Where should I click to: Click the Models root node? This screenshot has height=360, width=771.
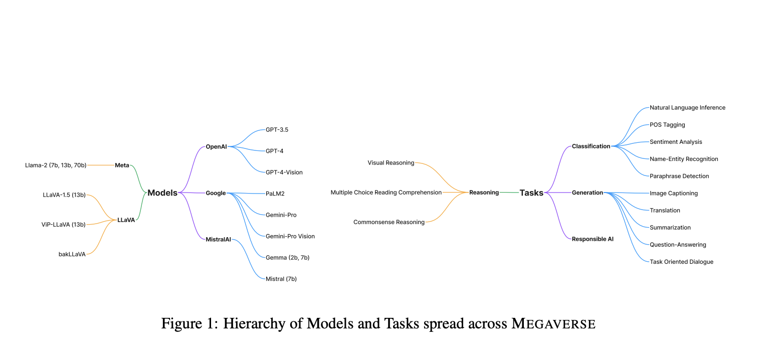click(x=162, y=193)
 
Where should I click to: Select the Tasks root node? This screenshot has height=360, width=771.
click(x=531, y=193)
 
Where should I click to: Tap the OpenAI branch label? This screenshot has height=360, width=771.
click(x=216, y=146)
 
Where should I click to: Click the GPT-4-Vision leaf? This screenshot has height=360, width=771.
click(x=284, y=172)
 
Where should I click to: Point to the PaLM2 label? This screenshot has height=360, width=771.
click(x=275, y=194)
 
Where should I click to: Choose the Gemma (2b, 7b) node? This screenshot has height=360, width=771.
click(x=287, y=257)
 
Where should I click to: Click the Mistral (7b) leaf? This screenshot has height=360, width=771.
click(x=281, y=279)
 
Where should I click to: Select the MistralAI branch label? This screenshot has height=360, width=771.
click(x=218, y=239)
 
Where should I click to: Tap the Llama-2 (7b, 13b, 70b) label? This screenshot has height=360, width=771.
click(x=56, y=165)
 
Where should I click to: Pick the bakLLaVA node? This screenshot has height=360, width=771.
click(x=72, y=254)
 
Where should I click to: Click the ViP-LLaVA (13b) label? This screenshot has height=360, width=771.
click(x=64, y=224)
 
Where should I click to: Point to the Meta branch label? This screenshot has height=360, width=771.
click(x=122, y=165)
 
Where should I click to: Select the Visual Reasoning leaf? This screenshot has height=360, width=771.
click(x=391, y=162)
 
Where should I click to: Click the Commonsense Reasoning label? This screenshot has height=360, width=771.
click(x=389, y=222)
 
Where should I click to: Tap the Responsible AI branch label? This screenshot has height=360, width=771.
click(x=593, y=239)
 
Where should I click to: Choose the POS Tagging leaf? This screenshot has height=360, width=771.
click(x=667, y=125)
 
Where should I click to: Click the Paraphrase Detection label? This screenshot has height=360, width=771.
click(x=679, y=176)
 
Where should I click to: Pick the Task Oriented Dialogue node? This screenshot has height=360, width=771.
click(x=681, y=262)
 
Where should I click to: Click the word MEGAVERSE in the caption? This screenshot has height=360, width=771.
click(x=553, y=324)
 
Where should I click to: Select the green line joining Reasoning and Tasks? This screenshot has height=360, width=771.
click(x=509, y=193)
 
